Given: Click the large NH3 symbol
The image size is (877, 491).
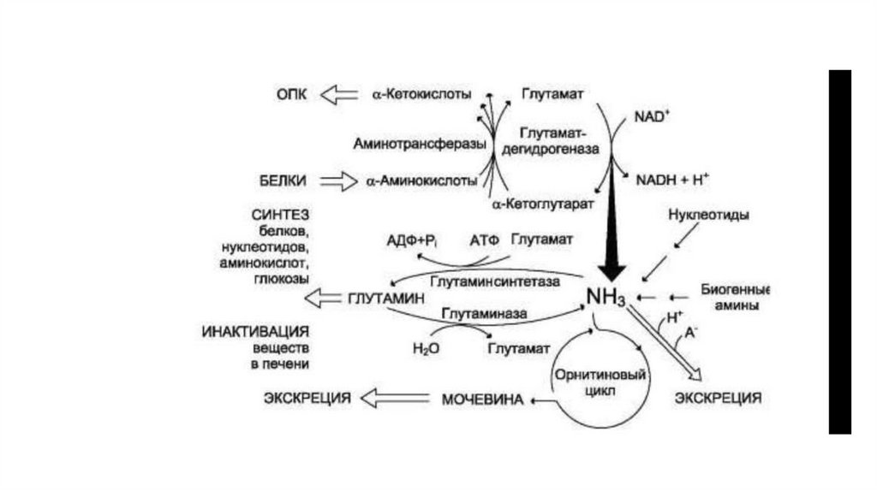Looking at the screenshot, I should point(606,297).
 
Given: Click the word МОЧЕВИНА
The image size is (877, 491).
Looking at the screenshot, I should point(481,399).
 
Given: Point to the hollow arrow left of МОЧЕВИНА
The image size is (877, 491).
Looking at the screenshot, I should point(395,398).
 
